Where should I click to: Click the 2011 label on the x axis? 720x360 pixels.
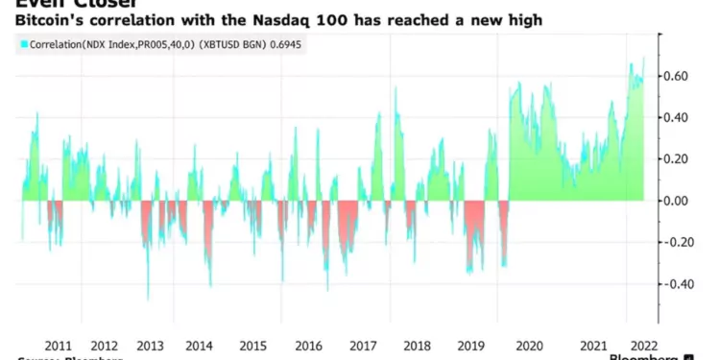[x=59, y=346]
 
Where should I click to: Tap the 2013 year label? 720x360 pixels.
[x=151, y=346]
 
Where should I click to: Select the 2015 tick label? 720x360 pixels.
[x=253, y=346]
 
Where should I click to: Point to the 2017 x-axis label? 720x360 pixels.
[x=363, y=346]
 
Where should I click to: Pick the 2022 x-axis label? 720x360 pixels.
[x=640, y=346]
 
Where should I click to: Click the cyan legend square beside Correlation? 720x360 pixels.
[x=21, y=44]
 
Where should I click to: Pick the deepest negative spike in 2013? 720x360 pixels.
[x=148, y=299]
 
